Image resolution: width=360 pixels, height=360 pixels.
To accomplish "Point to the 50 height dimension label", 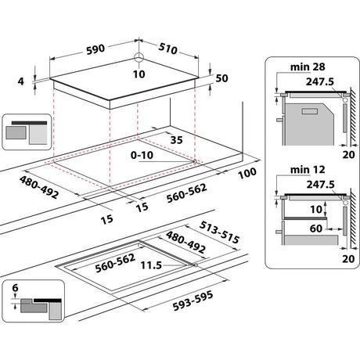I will click(x=223, y=79).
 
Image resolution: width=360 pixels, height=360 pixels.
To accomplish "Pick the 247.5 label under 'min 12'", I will click(x=321, y=185).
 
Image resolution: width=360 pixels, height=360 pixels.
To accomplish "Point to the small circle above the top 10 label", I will click(x=139, y=56).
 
